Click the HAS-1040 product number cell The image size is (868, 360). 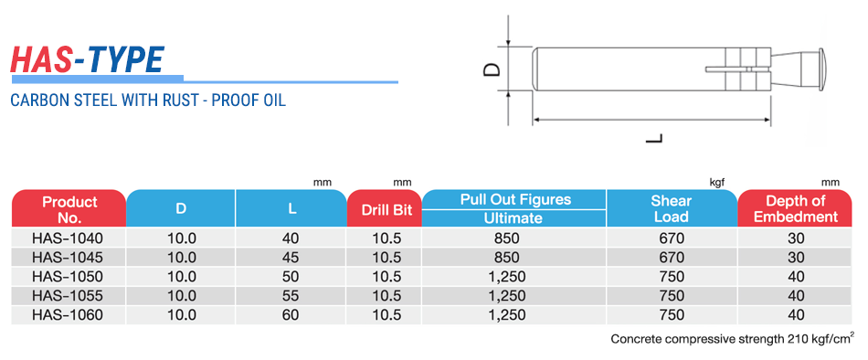tap(69, 238)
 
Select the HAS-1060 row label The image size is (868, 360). tap(69, 315)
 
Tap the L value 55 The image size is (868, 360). tap(291, 296)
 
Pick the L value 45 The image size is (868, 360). tap(291, 258)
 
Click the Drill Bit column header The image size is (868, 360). tap(384, 210)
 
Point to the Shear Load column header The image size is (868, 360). tap(671, 208)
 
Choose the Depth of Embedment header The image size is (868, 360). tap(796, 208)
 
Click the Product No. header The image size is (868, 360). tap(69, 208)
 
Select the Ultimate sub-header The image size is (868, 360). tap(513, 218)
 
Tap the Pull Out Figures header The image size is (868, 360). tap(515, 199)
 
